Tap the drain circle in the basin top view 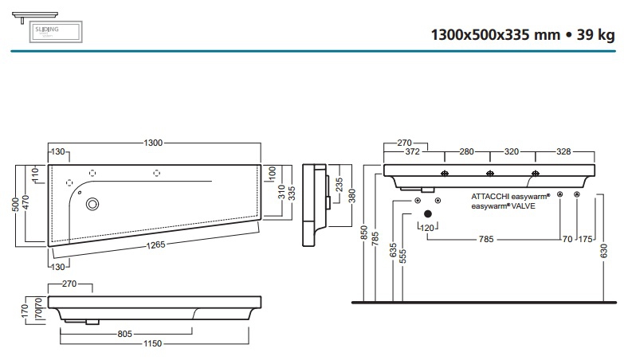92,204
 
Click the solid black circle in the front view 428,213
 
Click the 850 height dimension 364,233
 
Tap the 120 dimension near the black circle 428,229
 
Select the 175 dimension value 585,238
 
